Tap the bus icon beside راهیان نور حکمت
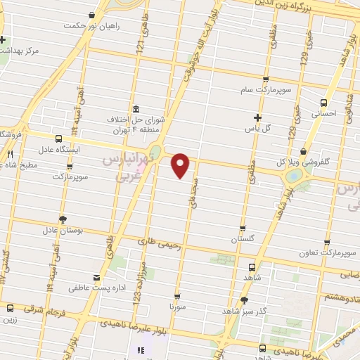click(93, 15)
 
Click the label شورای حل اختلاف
click(135, 120)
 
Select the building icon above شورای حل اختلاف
click(135, 110)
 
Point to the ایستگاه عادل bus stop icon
click(57, 139)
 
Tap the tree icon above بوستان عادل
click(63, 219)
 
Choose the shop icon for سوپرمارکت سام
click(265, 80)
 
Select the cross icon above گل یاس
click(257, 117)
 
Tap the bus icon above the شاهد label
click(252, 266)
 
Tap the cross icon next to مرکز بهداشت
click(4, 39)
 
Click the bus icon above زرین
click(10, 308)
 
